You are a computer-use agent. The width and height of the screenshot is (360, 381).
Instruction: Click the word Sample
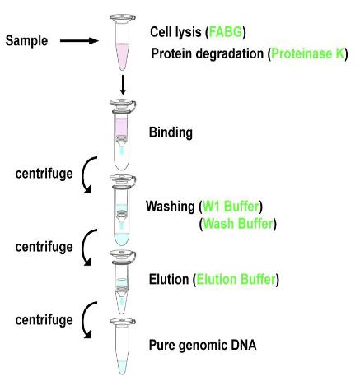click(x=26, y=41)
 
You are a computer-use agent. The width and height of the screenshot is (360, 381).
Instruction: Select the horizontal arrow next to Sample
click(x=79, y=41)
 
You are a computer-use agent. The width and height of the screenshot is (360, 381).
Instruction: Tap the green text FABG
click(x=226, y=32)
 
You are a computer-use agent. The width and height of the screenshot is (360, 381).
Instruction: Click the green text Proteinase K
click(x=307, y=53)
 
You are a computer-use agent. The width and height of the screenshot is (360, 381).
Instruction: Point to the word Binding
click(x=171, y=132)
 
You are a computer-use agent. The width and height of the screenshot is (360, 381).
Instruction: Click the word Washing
click(x=170, y=207)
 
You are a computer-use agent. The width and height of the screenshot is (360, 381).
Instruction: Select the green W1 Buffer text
click(x=231, y=207)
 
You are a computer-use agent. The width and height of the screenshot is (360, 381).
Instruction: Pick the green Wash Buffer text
click(x=238, y=224)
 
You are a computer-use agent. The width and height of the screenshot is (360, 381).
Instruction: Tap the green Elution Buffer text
click(x=236, y=280)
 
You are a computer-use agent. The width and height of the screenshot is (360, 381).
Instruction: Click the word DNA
click(x=243, y=345)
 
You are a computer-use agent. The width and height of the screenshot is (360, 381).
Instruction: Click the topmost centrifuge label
click(x=44, y=174)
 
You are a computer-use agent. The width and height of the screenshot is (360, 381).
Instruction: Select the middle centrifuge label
click(x=44, y=247)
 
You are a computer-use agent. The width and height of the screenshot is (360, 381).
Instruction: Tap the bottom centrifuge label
click(x=44, y=320)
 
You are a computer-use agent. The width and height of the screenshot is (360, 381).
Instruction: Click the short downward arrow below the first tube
click(x=123, y=85)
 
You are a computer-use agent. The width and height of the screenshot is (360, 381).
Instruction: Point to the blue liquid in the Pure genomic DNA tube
click(x=123, y=367)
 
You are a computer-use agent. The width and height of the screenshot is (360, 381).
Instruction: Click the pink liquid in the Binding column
click(x=122, y=127)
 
